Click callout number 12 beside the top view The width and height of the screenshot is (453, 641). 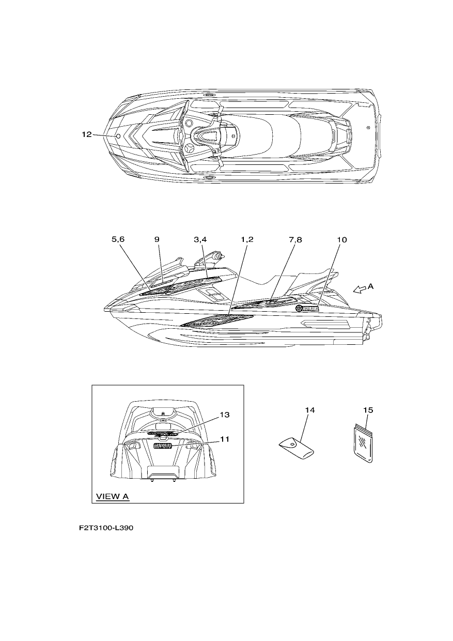click(x=87, y=134)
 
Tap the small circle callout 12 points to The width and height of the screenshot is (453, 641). click(x=118, y=136)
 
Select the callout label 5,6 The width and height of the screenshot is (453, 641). click(x=118, y=239)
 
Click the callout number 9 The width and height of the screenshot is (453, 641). click(x=157, y=239)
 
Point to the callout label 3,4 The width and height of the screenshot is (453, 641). click(x=200, y=239)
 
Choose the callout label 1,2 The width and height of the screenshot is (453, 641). click(x=247, y=239)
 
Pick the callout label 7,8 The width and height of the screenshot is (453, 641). click(x=295, y=239)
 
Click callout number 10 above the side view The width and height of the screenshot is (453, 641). click(x=342, y=239)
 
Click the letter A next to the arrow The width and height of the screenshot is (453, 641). click(x=370, y=286)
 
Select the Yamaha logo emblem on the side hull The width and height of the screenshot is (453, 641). click(x=307, y=309)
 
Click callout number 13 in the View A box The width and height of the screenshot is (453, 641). click(x=225, y=415)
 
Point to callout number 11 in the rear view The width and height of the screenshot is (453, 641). click(x=225, y=439)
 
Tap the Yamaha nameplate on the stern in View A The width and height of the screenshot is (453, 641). click(x=162, y=446)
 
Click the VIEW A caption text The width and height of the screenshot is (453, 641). click(x=113, y=496)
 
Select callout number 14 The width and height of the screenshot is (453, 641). click(x=310, y=410)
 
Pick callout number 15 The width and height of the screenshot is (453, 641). click(x=368, y=410)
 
